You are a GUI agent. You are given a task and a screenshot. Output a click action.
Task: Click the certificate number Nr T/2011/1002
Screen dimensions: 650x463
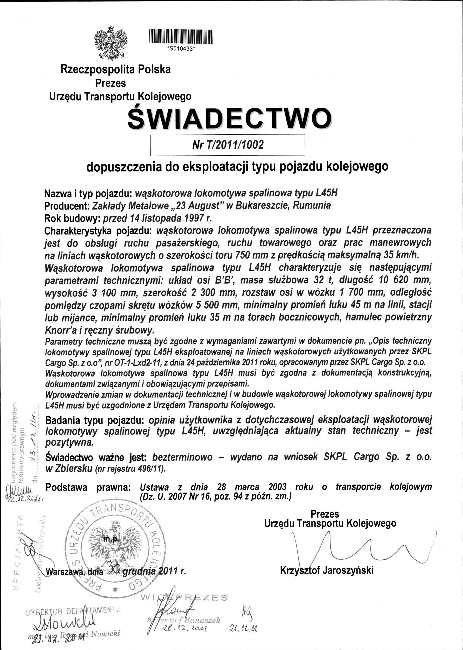point(228,145)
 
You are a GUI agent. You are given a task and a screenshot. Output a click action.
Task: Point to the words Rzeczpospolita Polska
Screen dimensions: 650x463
point(116,69)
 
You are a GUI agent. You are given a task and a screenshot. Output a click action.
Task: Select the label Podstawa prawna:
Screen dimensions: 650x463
point(88,487)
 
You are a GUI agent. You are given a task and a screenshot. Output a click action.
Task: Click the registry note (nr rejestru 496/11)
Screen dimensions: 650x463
point(130,469)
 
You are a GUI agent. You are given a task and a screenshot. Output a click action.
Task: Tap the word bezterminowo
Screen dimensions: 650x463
point(183,457)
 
